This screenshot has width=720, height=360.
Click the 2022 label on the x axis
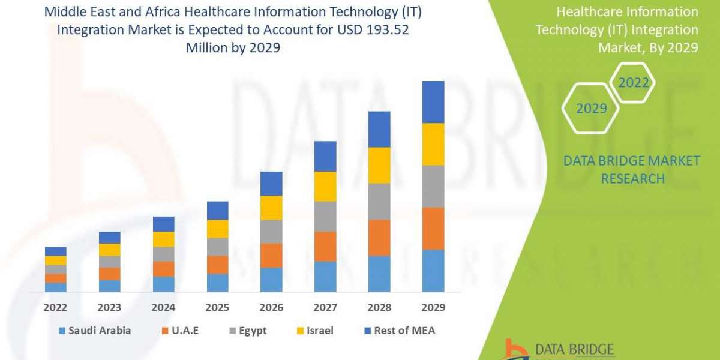pyautogui.click(x=55, y=307)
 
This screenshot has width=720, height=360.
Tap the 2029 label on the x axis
pyautogui.click(x=433, y=307)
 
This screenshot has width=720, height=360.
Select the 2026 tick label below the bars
pyautogui.click(x=271, y=307)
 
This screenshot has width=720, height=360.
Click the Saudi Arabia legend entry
pyautogui.click(x=95, y=331)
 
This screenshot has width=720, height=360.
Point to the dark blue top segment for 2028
pyautogui.click(x=379, y=129)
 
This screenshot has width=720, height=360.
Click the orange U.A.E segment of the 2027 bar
pyautogui.click(x=325, y=246)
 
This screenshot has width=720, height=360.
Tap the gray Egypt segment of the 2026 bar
pyautogui.click(x=271, y=231)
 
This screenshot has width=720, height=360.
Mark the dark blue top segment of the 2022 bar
pyautogui.click(x=55, y=251)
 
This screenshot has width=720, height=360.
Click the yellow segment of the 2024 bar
pyautogui.click(x=163, y=239)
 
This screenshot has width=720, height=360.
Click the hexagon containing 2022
pyautogui.click(x=634, y=82)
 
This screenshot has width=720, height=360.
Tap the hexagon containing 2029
pyautogui.click(x=591, y=109)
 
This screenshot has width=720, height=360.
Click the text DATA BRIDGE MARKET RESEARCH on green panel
pyautogui.click(x=632, y=169)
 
